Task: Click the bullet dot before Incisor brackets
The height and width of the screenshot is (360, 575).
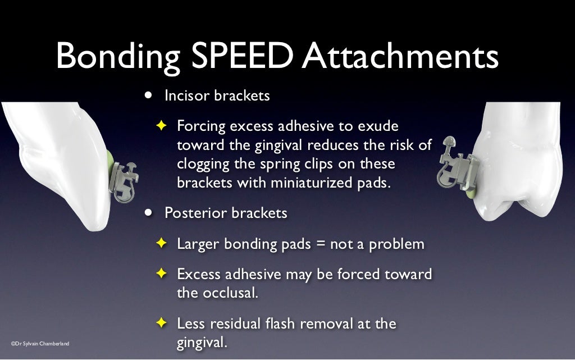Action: [148, 95]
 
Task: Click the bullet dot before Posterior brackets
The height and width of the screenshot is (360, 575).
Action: [148, 213]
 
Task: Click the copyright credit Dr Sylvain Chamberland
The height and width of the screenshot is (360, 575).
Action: [39, 343]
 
